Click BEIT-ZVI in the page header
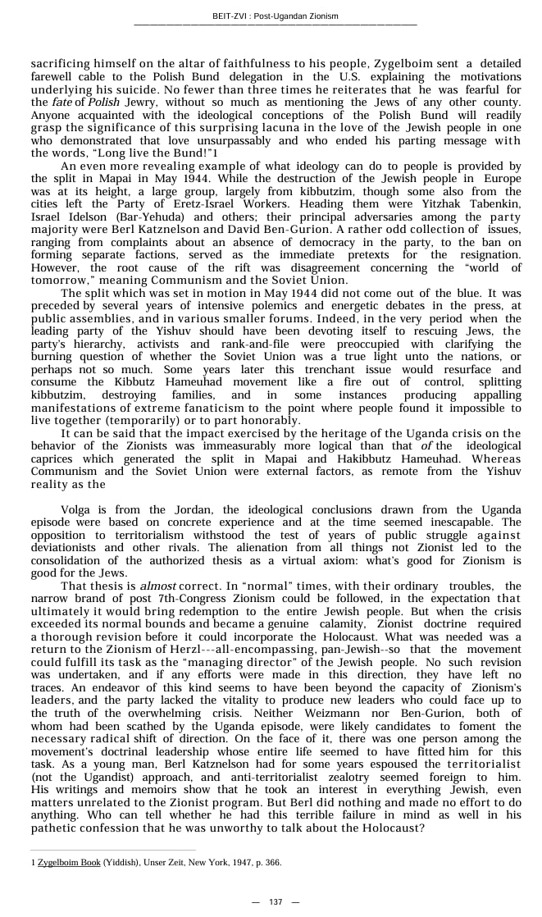point(228,16)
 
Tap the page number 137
point(276,901)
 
